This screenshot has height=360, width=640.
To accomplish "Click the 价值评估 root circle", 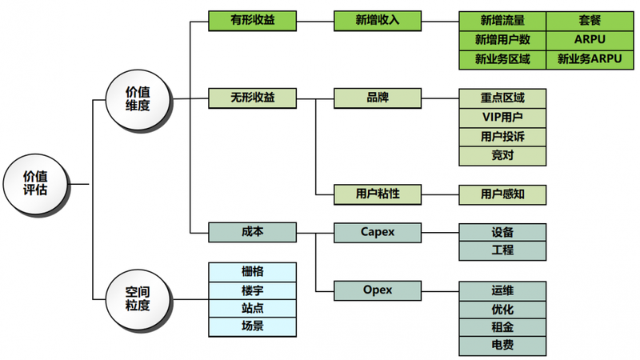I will pyautogui.click(x=35, y=182).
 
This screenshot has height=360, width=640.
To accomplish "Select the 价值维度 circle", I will pyautogui.click(x=138, y=98).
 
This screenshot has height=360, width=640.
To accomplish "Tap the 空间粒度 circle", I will pyautogui.click(x=138, y=299).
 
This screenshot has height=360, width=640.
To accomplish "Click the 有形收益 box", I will pyautogui.click(x=252, y=20).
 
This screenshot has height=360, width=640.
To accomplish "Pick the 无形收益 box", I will pyautogui.click(x=252, y=98).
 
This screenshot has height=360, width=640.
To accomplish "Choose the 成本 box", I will pyautogui.click(x=252, y=232).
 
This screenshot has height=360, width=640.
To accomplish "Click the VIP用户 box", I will pyautogui.click(x=502, y=117).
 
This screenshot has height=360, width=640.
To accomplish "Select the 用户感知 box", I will pyautogui.click(x=502, y=194).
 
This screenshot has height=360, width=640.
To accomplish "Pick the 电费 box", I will pyautogui.click(x=502, y=346).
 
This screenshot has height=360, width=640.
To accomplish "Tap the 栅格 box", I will pyautogui.click(x=252, y=270).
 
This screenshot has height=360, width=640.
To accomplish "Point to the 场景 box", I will pyautogui.click(x=252, y=326).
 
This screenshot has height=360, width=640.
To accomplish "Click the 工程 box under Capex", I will pyautogui.click(x=502, y=250).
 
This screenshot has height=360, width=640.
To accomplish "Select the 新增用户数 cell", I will pyautogui.click(x=502, y=40).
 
